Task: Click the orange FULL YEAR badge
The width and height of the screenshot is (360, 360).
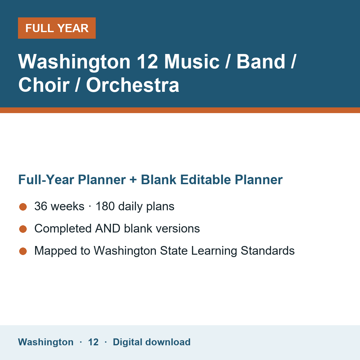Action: tap(57, 28)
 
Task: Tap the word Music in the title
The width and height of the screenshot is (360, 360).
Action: tap(192, 61)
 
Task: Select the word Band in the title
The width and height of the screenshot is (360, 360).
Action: tap(261, 61)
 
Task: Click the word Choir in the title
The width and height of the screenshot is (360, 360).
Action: tap(44, 85)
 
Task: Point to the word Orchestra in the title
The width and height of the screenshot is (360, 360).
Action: tap(133, 85)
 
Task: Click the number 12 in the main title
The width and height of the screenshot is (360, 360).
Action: tap(147, 61)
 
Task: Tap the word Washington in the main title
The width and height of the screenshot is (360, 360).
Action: tap(74, 62)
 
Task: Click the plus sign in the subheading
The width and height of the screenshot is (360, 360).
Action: tap(133, 180)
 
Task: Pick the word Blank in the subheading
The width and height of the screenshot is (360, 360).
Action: tap(158, 179)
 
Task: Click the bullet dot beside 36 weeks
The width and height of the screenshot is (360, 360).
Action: tap(23, 207)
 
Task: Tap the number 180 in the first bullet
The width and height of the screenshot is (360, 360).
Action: tap(105, 206)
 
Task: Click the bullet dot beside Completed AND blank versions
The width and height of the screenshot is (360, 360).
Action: tap(23, 229)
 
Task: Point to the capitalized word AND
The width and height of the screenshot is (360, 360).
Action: tap(108, 229)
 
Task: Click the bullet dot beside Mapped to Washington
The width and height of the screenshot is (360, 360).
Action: tap(23, 251)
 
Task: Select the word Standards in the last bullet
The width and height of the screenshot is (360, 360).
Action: tap(268, 250)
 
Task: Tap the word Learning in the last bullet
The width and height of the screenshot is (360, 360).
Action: tap(214, 251)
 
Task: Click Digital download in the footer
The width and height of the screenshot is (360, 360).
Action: tap(152, 342)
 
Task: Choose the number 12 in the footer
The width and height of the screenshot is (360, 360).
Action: tap(93, 342)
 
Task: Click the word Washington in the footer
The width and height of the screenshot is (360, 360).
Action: tap(46, 342)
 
